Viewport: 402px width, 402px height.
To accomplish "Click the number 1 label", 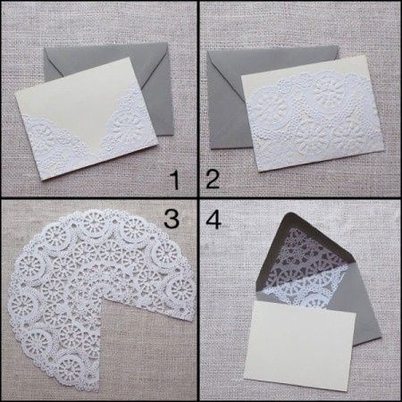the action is (175, 180).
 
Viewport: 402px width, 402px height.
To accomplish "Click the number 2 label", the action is (213, 179).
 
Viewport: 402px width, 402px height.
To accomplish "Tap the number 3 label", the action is (172, 219).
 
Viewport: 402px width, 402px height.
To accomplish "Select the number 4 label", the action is (214, 220).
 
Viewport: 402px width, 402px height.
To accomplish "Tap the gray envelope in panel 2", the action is (226, 98).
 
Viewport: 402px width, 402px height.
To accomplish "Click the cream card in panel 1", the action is (87, 119).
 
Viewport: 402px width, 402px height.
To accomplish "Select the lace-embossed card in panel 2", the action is (313, 114).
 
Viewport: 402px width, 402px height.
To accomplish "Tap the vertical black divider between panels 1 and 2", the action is (198, 99).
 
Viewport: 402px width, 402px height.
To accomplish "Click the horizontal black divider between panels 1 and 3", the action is (99, 198).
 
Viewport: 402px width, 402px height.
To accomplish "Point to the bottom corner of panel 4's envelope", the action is (380, 336).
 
